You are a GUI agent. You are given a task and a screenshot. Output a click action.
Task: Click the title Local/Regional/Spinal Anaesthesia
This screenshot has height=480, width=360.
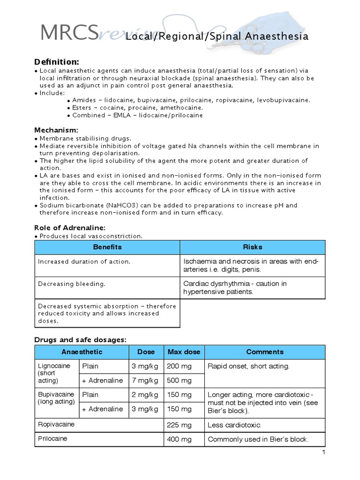(217, 37)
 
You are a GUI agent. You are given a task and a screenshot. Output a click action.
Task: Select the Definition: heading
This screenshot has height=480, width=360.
(57, 62)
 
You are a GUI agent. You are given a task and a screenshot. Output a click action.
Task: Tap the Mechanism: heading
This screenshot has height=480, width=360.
(56, 130)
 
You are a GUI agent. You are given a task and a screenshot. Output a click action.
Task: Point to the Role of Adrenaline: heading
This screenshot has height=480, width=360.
(73, 227)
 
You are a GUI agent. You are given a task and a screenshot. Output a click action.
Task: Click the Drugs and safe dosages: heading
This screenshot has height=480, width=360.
(81, 339)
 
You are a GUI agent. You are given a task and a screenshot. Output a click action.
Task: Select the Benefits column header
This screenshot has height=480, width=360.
(107, 247)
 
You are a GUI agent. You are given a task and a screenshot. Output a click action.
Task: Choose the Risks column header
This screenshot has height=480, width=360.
(253, 247)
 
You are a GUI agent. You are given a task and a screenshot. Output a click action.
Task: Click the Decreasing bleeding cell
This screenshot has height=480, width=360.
(72, 284)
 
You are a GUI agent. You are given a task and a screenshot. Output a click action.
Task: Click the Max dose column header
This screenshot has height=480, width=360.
(184, 352)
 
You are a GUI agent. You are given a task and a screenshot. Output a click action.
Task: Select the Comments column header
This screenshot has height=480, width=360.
(265, 352)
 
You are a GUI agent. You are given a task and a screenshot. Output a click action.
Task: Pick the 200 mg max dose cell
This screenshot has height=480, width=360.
(179, 366)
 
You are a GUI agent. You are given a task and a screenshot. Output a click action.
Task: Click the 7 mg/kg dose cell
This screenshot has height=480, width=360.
(146, 381)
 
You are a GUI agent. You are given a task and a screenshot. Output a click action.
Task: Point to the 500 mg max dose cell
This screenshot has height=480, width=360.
(179, 381)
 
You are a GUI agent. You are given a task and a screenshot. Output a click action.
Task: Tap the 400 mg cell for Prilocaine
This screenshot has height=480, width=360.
(179, 439)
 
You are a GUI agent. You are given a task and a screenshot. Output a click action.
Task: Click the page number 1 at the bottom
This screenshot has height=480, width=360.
(323, 452)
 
